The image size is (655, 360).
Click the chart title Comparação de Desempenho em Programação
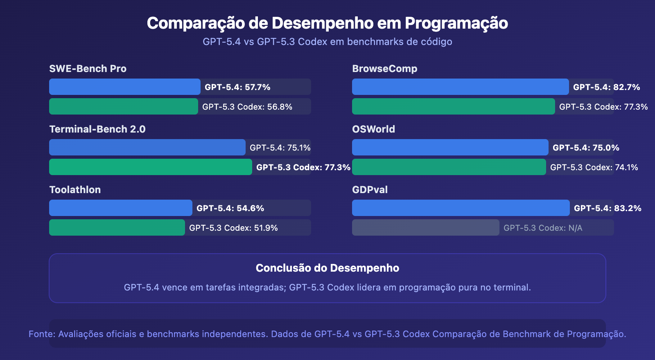pos(327,23)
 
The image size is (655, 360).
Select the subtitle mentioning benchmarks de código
pos(327,42)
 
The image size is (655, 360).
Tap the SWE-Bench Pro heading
pos(88,69)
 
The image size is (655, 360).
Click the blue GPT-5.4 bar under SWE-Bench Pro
pos(124,87)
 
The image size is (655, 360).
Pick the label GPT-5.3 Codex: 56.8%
pos(247,107)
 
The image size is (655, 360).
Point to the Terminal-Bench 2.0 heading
pos(97,129)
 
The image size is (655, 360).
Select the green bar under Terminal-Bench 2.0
pos(150,167)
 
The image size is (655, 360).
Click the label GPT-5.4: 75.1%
pos(280,148)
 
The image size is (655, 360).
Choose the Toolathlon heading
pos(75,190)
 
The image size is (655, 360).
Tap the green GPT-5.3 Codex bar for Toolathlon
pos(117,227)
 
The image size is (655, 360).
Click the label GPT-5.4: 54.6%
pos(230,208)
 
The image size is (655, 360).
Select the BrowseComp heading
pos(384,69)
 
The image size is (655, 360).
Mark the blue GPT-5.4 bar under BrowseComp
pos(460,87)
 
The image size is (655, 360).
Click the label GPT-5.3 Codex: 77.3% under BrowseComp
pos(603,107)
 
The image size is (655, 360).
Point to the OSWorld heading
pos(373,129)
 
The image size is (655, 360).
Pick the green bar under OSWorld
pos(449,167)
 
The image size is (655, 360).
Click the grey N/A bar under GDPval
pos(425,227)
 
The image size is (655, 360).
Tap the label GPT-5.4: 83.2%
pos(608,208)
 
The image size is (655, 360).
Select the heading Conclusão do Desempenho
pos(327,268)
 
